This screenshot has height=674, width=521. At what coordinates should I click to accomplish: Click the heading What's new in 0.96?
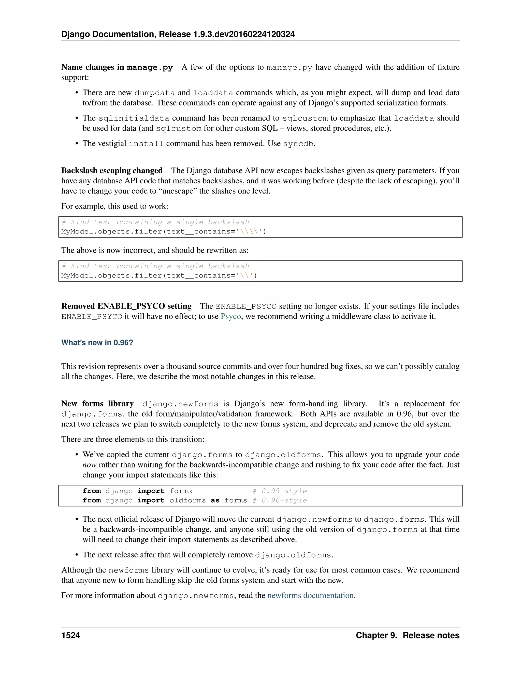[97, 343]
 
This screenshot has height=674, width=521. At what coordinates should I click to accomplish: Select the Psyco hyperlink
[230, 316]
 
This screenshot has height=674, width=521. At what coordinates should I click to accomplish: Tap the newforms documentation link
[310, 595]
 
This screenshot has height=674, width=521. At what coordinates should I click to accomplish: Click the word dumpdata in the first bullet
[155, 93]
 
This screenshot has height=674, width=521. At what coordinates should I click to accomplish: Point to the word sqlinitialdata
[134, 118]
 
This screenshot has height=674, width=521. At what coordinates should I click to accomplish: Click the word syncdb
[298, 144]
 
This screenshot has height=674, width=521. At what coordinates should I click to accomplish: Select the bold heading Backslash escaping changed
[112, 171]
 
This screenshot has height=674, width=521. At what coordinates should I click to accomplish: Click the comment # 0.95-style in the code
[280, 491]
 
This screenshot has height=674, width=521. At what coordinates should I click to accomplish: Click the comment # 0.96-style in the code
[280, 500]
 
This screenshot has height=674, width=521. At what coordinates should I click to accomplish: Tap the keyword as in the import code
[215, 500]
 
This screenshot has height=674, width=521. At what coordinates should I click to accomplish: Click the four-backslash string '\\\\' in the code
[249, 231]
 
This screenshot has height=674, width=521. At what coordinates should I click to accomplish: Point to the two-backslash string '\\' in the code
[244, 276]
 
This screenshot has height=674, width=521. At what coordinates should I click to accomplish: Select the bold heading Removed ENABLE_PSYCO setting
[126, 306]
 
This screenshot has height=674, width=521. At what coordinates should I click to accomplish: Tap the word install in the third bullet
[146, 144]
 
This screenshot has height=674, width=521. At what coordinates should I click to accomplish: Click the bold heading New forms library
[97, 404]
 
